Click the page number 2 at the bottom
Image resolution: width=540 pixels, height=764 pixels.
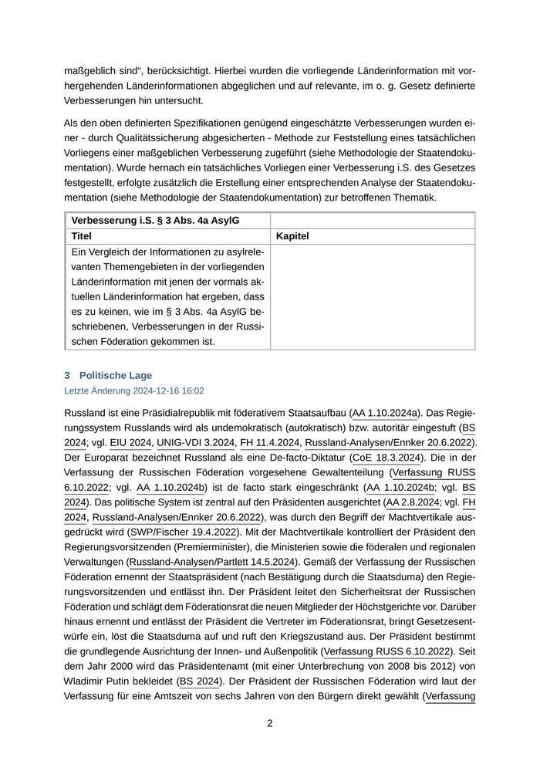pos(270,723)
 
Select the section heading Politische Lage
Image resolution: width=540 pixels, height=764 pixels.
pos(115,375)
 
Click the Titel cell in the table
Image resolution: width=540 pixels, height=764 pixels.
pos(81,236)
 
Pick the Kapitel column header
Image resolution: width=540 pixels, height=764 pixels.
pos(292,236)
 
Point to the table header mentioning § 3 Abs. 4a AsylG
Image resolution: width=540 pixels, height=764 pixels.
pos(154,221)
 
